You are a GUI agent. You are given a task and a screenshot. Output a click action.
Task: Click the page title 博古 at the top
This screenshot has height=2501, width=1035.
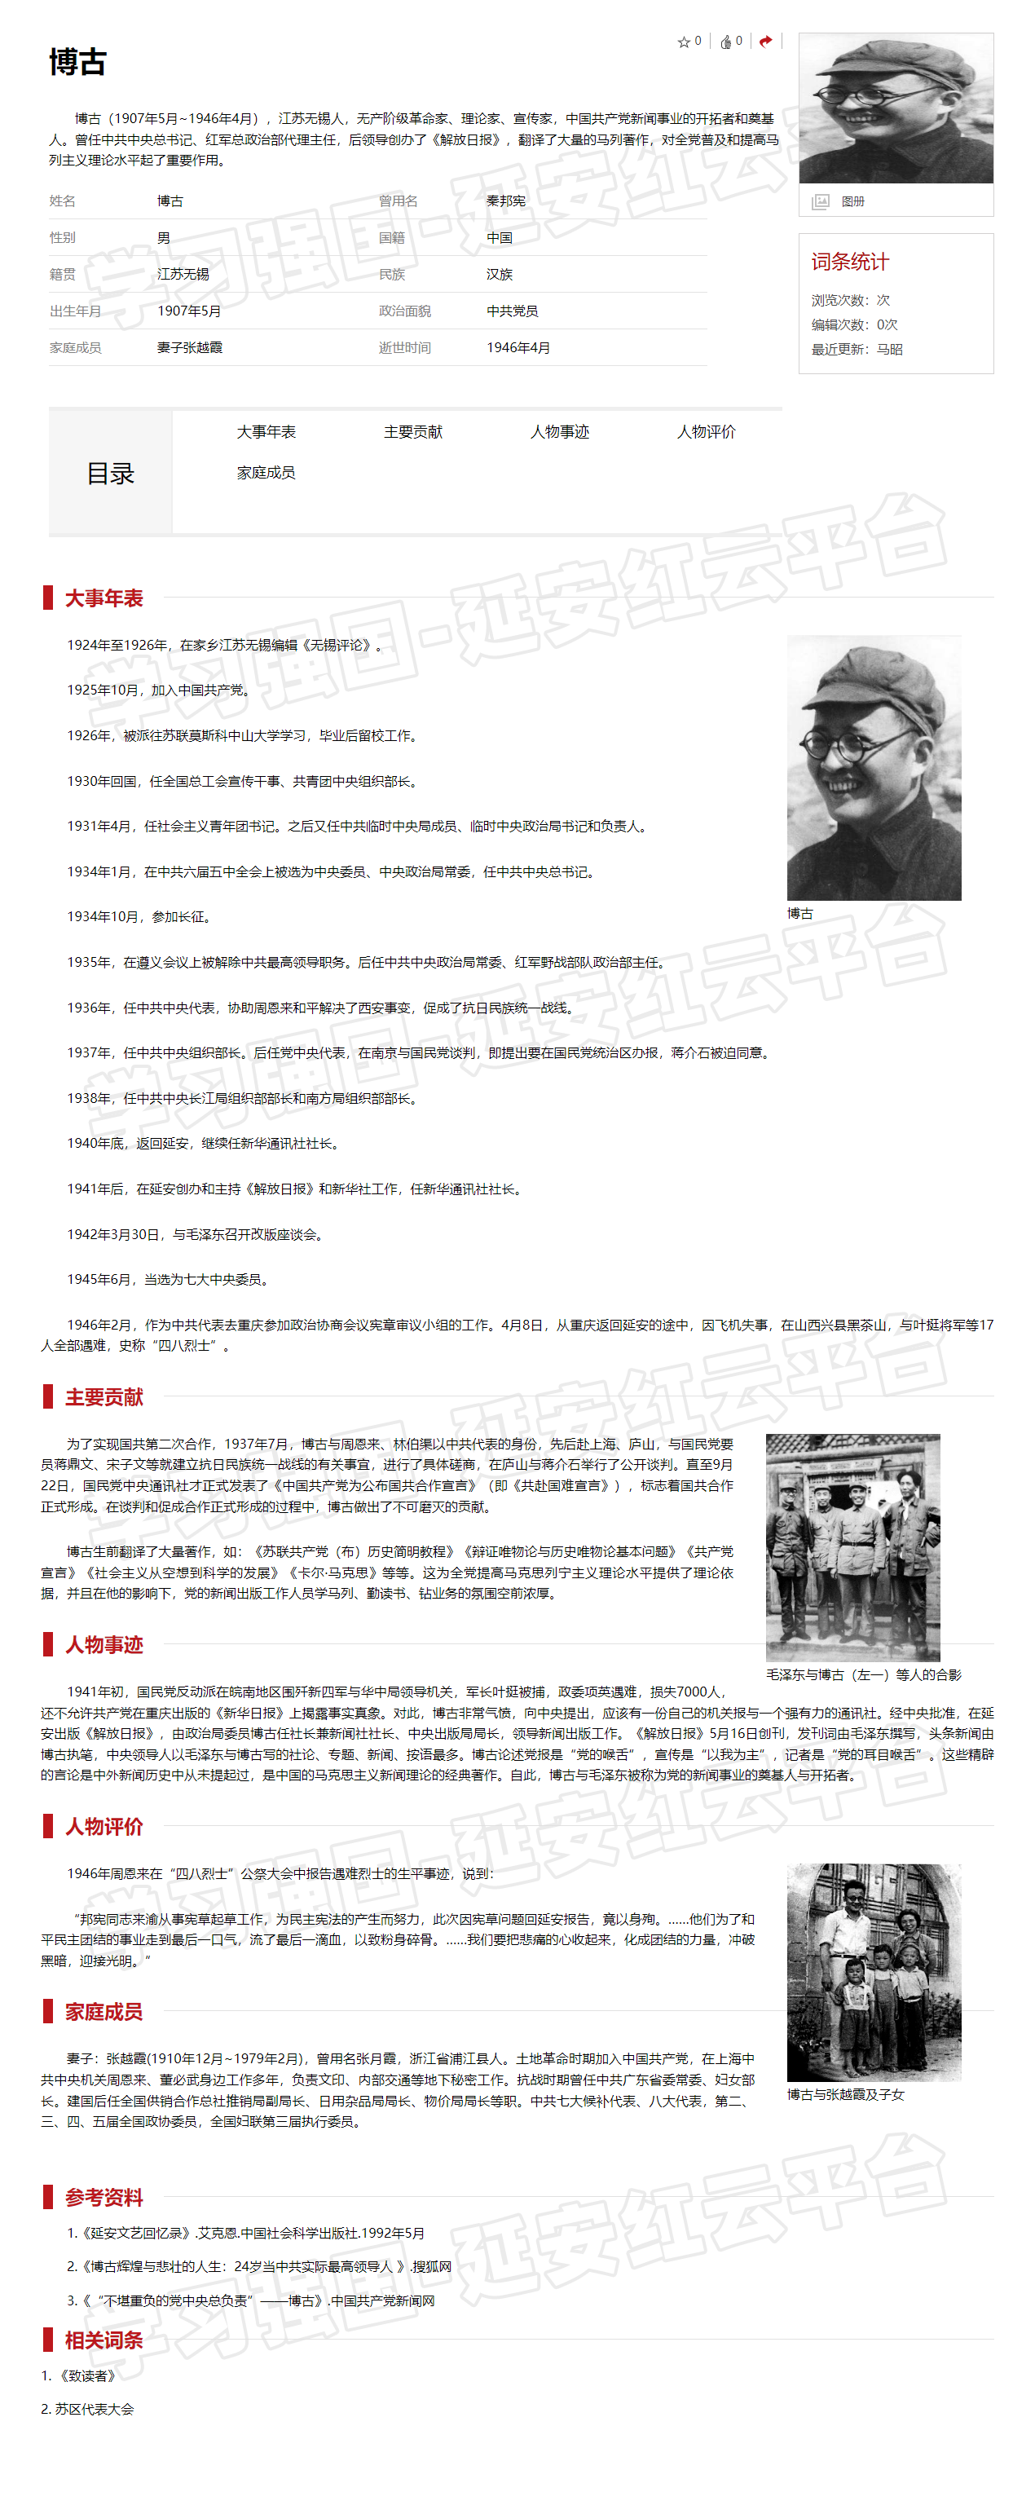[77, 62]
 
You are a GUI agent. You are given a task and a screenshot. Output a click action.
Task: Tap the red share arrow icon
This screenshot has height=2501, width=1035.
[765, 41]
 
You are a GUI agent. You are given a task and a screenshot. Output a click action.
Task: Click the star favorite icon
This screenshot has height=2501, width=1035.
[684, 42]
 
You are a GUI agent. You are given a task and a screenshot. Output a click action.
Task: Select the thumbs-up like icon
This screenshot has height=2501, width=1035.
[725, 42]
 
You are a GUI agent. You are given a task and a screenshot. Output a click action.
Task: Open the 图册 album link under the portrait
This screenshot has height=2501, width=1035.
[852, 201]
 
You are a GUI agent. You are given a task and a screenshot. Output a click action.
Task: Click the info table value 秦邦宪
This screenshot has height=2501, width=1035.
[506, 201]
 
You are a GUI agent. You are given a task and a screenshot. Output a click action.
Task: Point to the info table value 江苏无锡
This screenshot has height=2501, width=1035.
[183, 274]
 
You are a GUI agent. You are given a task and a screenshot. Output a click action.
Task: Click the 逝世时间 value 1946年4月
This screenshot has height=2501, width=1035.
[517, 347]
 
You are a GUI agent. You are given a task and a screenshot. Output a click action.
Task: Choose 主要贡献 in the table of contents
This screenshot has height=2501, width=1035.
[412, 432]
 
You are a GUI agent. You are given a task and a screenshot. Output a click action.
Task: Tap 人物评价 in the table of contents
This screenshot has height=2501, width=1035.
[706, 432]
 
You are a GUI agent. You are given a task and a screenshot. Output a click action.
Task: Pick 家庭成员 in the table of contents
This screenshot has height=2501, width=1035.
[266, 473]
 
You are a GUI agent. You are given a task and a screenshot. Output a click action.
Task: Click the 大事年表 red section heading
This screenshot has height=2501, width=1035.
[103, 598]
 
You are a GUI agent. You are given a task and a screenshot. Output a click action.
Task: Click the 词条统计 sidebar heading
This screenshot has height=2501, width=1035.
[849, 261]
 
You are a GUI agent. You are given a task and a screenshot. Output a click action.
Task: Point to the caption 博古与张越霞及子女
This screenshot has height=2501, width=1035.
[844, 2094]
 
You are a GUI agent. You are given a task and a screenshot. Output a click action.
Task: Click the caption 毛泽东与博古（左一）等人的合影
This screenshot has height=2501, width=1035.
[863, 1674]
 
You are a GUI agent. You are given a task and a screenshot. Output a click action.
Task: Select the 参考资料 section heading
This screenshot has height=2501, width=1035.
[103, 2197]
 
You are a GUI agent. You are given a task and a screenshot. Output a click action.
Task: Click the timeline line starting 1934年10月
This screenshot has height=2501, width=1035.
[139, 917]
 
